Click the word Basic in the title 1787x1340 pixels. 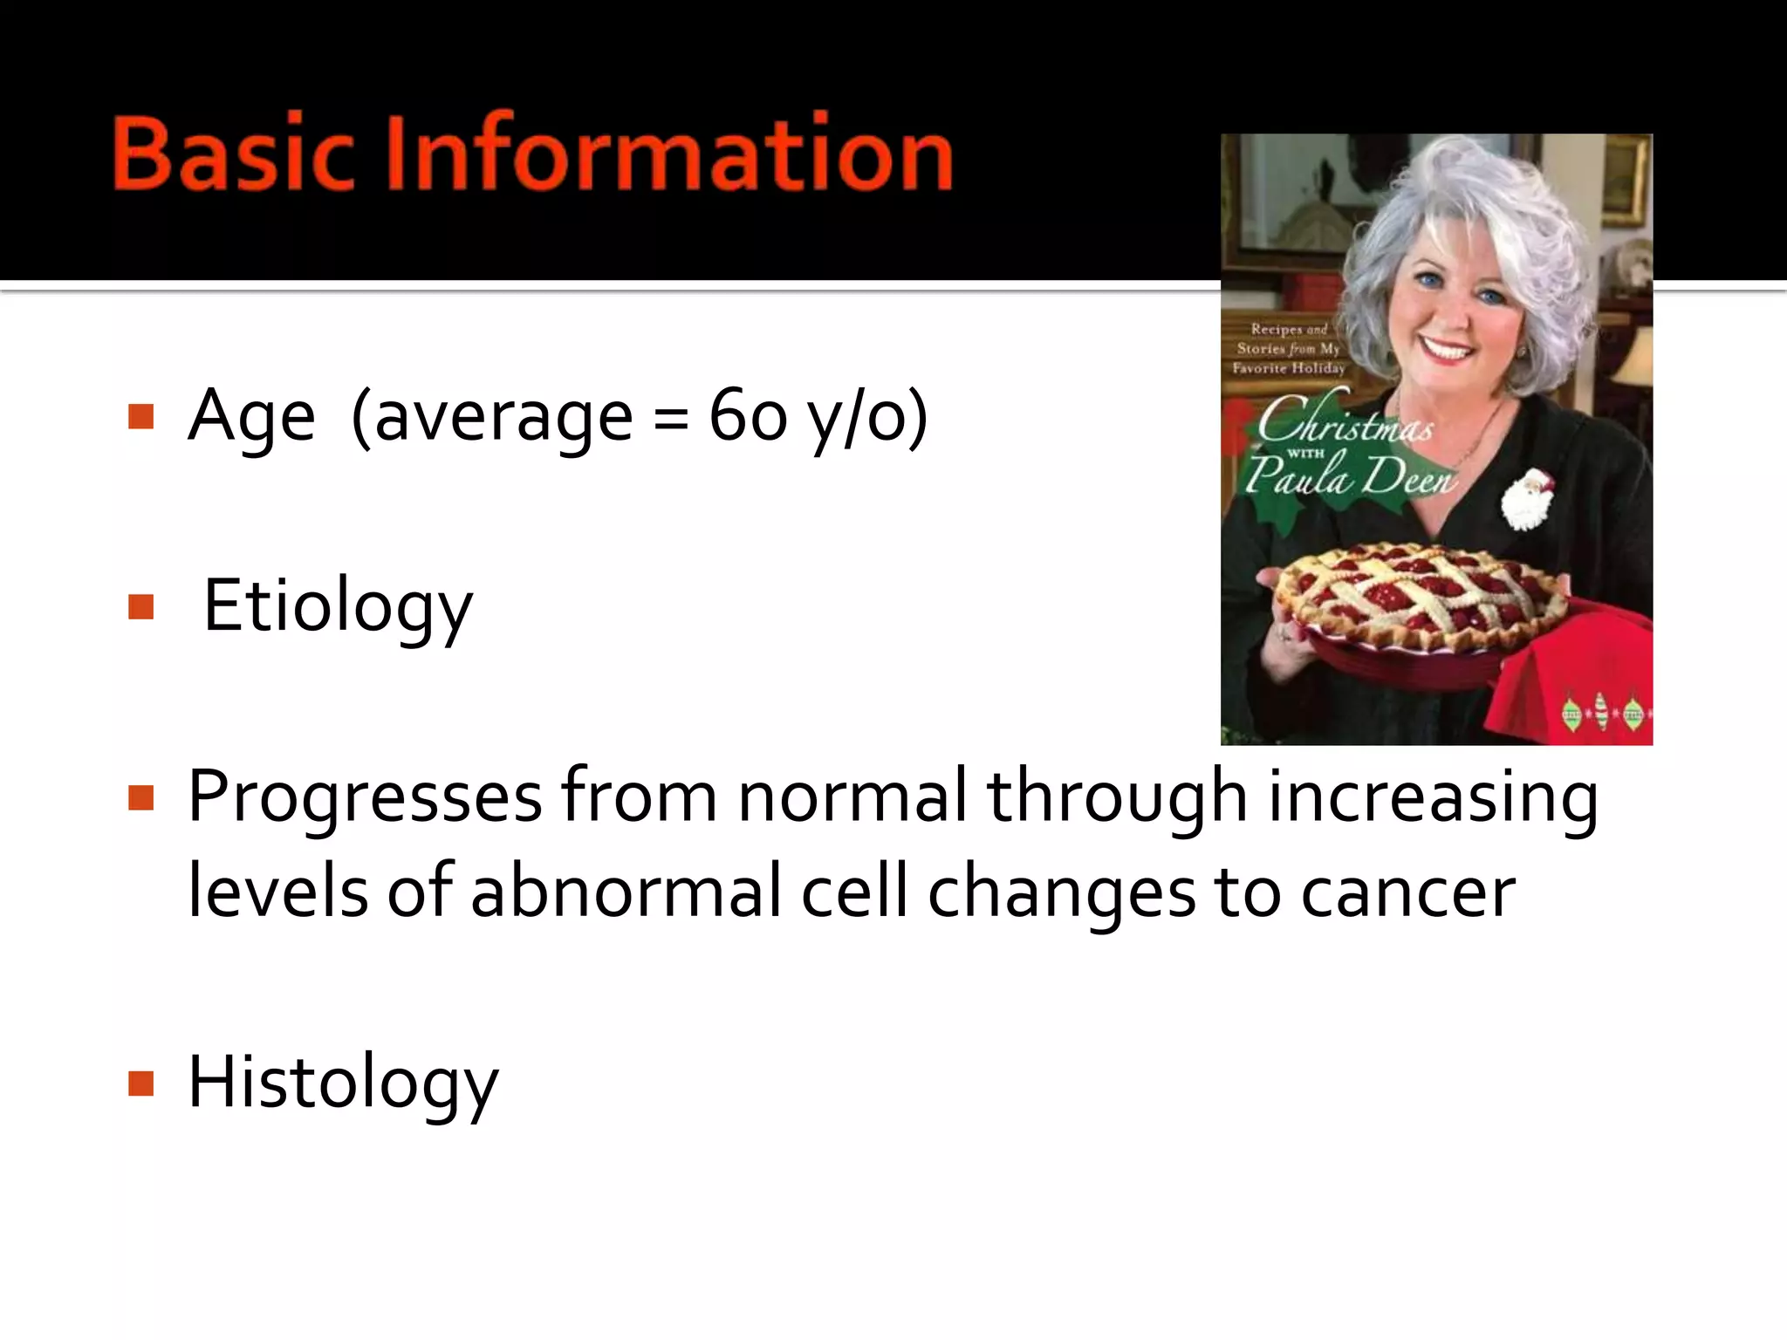point(233,153)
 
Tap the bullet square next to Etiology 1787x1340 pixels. point(140,606)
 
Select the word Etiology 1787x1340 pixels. point(338,607)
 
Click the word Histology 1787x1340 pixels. point(343,1083)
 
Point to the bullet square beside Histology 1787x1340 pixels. point(140,1084)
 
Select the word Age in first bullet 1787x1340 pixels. point(251,418)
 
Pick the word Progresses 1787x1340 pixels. point(365,797)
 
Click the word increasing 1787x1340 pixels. point(1433,797)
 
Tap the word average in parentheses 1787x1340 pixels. point(503,418)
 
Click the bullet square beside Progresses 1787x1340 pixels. point(140,797)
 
